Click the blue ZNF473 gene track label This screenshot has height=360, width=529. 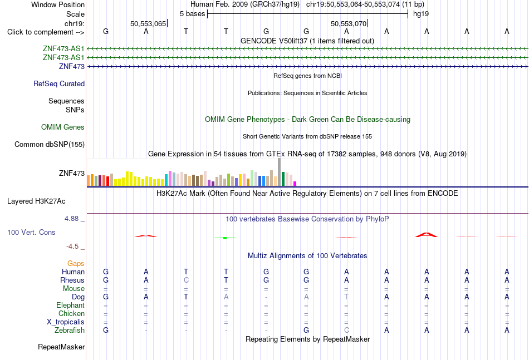[71, 66]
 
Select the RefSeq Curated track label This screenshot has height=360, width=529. [59, 83]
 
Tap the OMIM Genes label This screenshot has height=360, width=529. [63, 127]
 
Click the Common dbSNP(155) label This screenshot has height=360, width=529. [50, 144]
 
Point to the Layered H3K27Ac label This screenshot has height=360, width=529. [36, 201]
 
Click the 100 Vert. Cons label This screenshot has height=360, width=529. [31, 232]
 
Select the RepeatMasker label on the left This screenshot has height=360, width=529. [61, 347]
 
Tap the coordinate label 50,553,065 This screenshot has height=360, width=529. [148, 23]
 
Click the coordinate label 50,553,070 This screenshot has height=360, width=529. [349, 23]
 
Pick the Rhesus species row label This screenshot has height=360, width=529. [72, 280]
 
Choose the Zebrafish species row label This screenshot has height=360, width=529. [70, 331]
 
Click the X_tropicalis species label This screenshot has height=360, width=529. [66, 322]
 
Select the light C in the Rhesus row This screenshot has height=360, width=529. [186, 280]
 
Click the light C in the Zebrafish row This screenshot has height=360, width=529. [346, 331]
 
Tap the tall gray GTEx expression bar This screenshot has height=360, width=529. [280, 172]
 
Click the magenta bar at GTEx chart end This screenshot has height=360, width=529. [295, 184]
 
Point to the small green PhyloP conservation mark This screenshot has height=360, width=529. [225, 238]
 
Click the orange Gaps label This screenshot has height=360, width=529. [76, 264]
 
